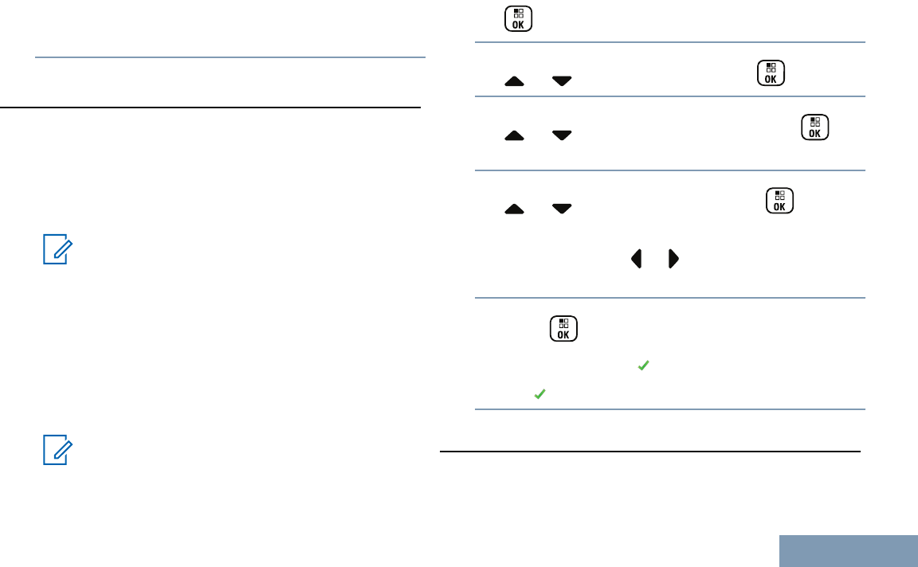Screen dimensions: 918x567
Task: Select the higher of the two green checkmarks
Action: [642, 366]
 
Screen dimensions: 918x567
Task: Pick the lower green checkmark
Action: [539, 393]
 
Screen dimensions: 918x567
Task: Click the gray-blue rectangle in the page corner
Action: [848, 550]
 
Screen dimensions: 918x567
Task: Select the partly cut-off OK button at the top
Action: [518, 19]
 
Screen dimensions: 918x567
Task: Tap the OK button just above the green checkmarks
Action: [563, 329]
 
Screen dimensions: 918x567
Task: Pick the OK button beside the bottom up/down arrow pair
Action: [779, 201]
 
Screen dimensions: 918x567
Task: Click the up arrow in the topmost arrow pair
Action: [514, 81]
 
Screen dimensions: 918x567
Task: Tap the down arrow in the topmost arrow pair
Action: [562, 81]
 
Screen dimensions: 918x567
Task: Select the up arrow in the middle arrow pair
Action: [514, 136]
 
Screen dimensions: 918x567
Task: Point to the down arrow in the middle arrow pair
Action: [562, 136]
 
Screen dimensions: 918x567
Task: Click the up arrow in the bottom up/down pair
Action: [514, 209]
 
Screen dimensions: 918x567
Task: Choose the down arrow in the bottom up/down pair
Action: [562, 209]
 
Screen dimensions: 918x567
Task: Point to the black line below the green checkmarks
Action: [650, 452]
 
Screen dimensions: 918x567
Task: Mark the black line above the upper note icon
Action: [210, 107]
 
